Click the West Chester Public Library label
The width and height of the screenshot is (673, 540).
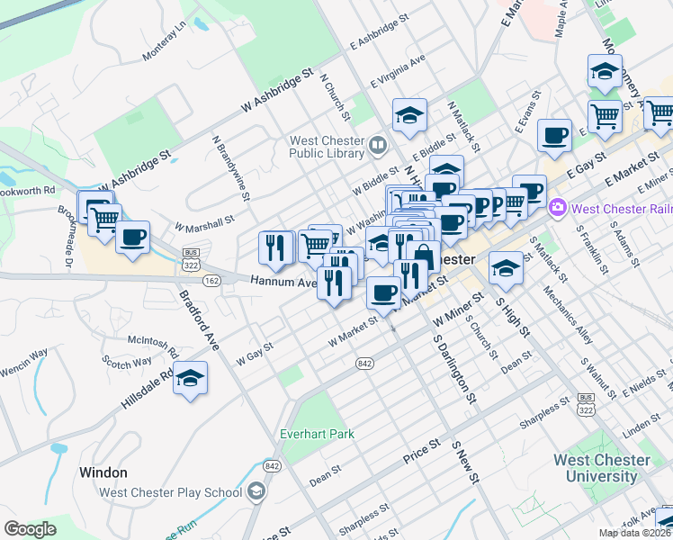pos(326,147)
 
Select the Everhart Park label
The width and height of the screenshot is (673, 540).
pos(317,434)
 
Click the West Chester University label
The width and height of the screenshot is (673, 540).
pos(601,468)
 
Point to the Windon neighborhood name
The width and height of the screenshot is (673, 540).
pos(103,472)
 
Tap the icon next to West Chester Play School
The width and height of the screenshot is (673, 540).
pos(257,491)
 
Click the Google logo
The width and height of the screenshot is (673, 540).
pos(30,529)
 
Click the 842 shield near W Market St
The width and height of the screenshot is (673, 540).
pos(364,363)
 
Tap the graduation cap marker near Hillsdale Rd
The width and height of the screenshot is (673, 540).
pos(190,378)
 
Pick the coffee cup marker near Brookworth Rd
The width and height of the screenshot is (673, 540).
pos(132,238)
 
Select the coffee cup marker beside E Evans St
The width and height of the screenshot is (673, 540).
pos(554,135)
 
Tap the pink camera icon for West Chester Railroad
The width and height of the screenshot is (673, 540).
pos(558,209)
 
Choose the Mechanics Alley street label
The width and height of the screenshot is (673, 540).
pos(574,314)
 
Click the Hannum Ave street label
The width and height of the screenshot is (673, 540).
pos(282,282)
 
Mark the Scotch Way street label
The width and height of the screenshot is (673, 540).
pos(127,363)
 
